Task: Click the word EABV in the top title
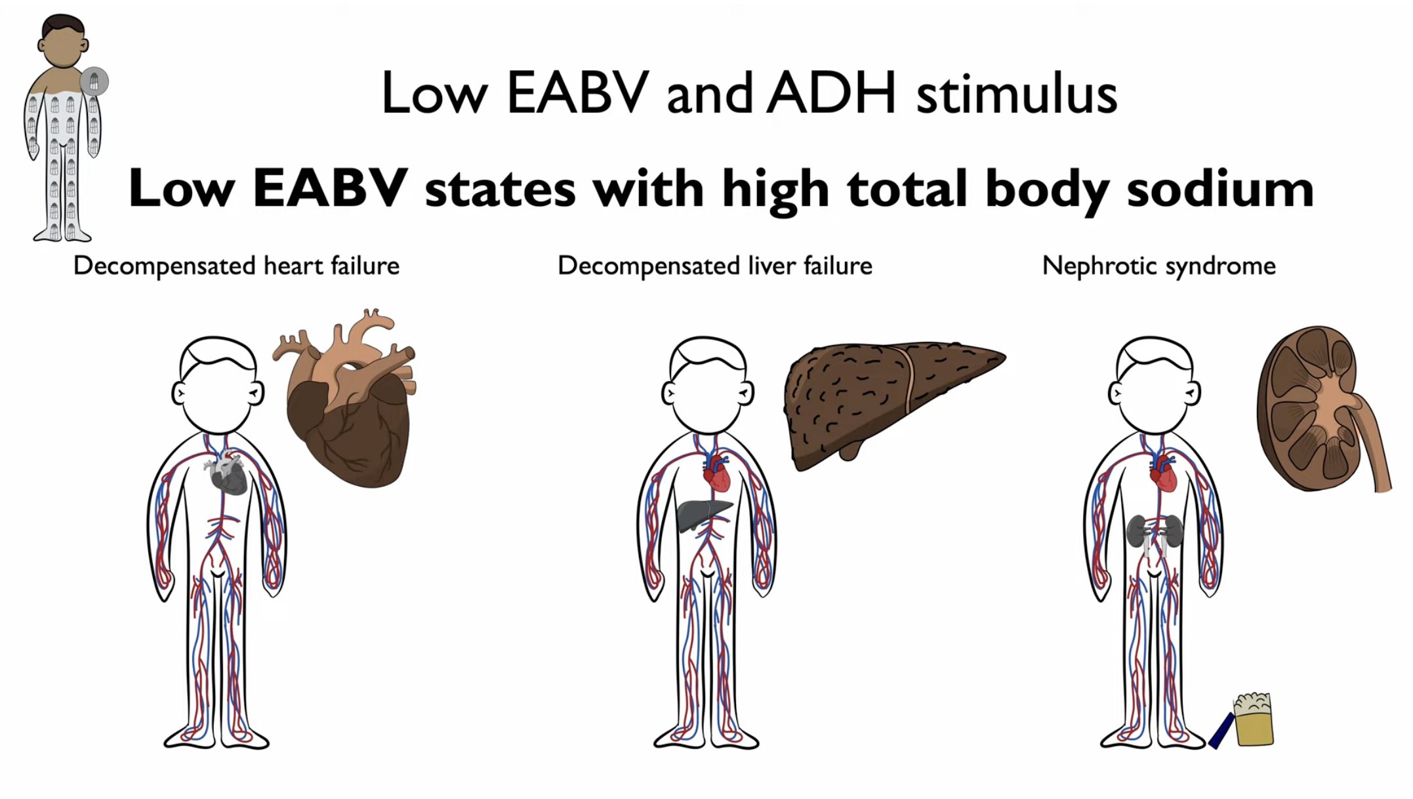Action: point(577,93)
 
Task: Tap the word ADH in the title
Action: point(832,93)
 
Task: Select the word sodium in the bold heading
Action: point(1220,188)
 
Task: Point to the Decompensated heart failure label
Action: point(236,266)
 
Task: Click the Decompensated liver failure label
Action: point(715,266)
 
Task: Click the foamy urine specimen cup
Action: point(1254,720)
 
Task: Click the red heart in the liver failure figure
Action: point(716,473)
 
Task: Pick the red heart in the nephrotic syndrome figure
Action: point(1164,474)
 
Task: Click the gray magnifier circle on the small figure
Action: point(94,81)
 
